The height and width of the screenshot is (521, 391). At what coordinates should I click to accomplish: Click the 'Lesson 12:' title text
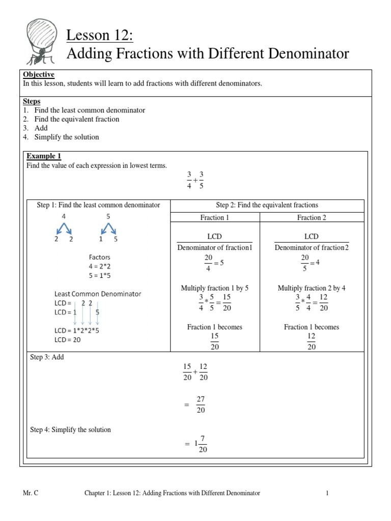[x=95, y=36]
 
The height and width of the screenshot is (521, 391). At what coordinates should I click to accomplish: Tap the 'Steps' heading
[x=32, y=101]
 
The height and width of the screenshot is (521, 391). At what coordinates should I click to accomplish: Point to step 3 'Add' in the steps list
[x=41, y=128]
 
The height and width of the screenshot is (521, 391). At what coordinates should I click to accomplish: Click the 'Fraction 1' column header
[x=215, y=218]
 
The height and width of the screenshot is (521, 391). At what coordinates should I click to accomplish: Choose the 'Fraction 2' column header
[x=312, y=218]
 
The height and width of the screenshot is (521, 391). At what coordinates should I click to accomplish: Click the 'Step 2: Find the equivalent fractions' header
[x=267, y=205]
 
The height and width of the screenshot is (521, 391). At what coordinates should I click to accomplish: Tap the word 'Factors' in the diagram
[x=100, y=257]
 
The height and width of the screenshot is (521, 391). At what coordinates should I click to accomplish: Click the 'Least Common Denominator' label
[x=98, y=294]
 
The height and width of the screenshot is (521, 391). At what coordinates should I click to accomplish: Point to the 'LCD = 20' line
[x=68, y=340]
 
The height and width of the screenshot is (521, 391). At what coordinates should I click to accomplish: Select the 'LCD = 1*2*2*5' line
[x=77, y=330]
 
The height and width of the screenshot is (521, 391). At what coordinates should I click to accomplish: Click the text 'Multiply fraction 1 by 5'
[x=215, y=288]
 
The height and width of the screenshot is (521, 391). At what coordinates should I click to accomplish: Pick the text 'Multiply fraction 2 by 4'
[x=312, y=288]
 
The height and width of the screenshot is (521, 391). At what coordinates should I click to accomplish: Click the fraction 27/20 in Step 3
[x=200, y=405]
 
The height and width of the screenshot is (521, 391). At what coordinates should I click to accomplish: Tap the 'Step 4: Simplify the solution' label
[x=71, y=430]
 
